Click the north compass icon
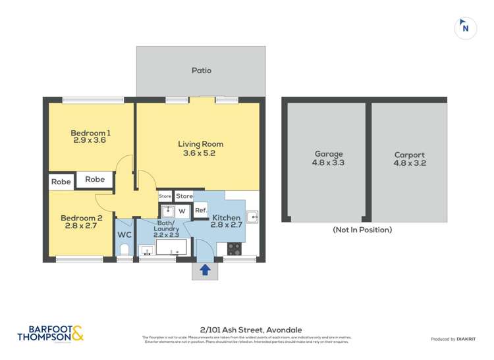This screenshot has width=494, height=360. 466,28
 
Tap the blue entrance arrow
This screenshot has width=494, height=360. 205,269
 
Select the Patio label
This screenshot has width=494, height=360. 202,70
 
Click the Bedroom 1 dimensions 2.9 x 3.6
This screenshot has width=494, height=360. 90,140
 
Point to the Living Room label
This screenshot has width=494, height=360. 200,144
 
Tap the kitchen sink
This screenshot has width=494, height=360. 252,216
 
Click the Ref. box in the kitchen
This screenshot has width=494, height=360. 201,211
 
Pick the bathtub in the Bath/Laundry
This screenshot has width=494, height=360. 171,247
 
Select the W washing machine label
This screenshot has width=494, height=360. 182,211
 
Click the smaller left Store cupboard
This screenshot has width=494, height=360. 165,196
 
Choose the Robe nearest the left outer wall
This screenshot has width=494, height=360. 61,182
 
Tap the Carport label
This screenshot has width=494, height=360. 410,155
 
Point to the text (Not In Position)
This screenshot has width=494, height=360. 362,230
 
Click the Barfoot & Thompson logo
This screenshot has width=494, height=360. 50,334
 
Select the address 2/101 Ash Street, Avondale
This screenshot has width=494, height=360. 246,330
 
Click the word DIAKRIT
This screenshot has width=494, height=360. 470,339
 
